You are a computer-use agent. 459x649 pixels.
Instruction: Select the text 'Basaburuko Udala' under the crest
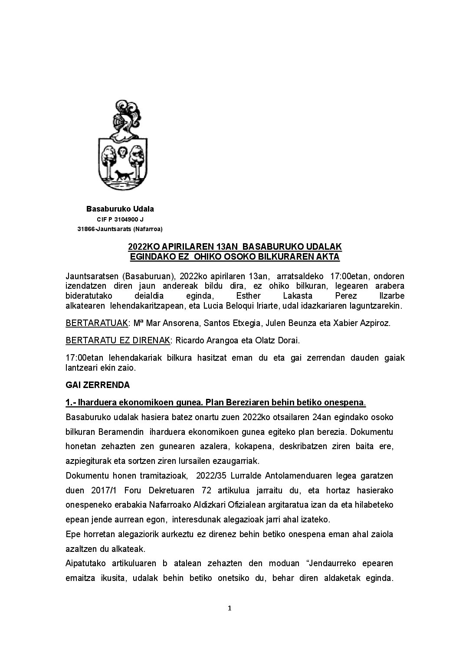120,209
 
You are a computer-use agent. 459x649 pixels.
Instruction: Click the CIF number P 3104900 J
120,219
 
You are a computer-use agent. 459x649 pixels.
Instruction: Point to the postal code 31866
86,229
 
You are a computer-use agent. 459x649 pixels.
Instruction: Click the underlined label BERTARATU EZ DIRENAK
118,340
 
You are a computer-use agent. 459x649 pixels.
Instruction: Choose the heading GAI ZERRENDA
98,385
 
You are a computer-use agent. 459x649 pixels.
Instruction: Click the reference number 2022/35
210,476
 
